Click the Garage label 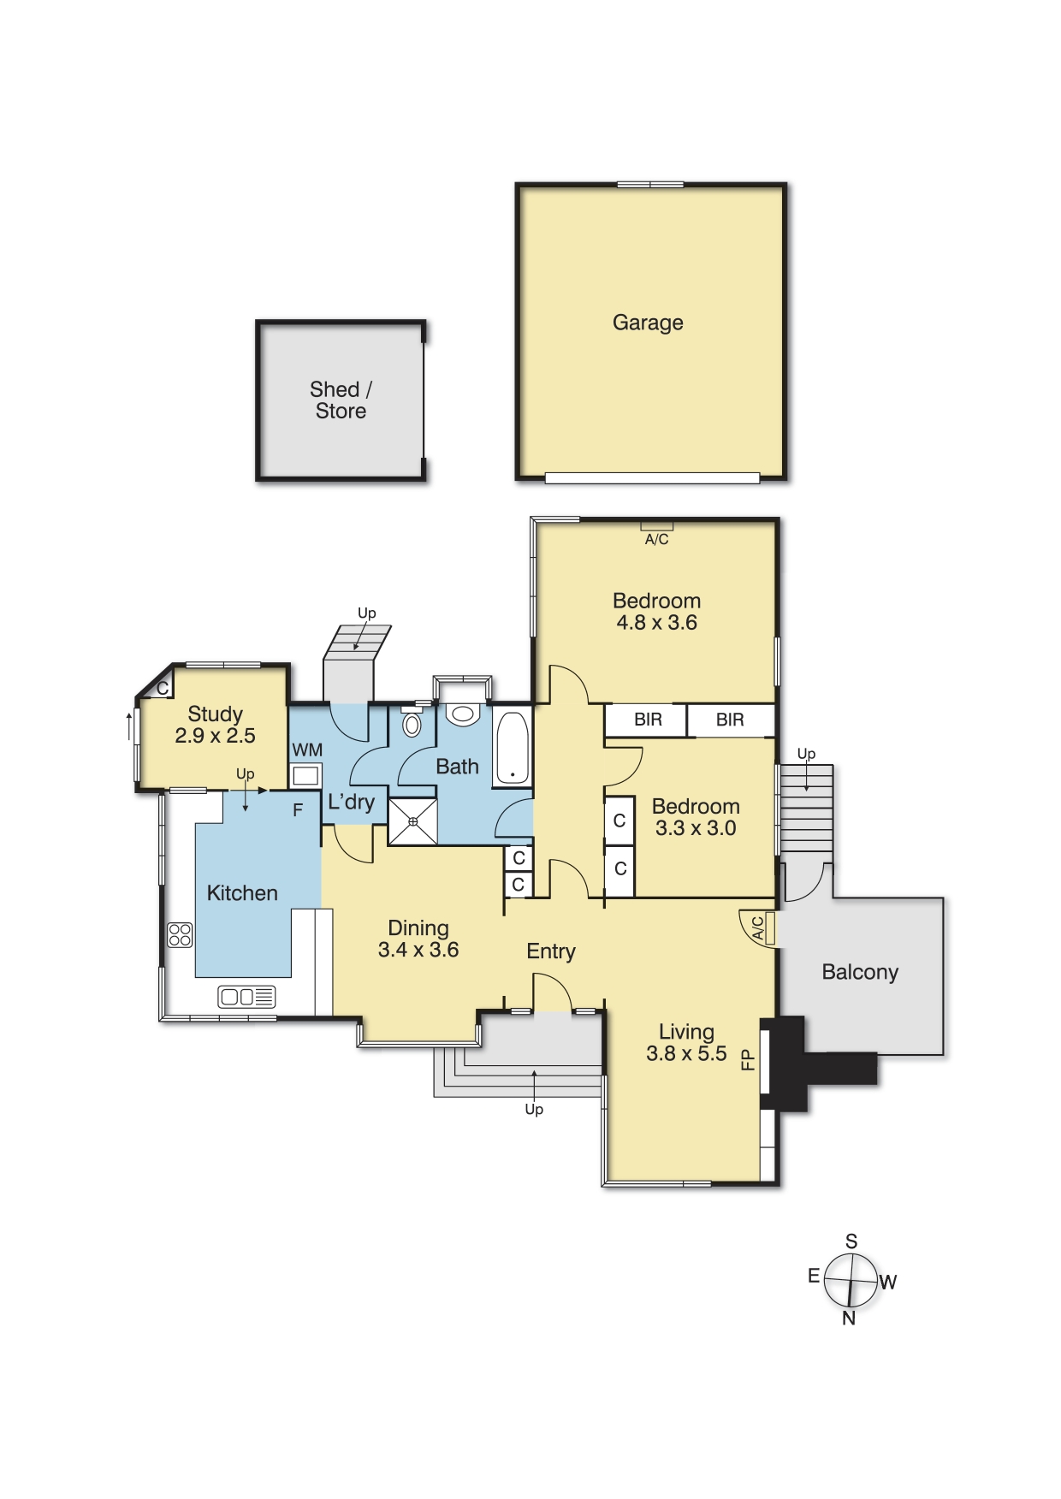coord(648,323)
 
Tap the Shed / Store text coord(341,400)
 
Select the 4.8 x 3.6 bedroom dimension coord(656,623)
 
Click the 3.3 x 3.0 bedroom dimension coord(696,828)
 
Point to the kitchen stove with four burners coord(180,934)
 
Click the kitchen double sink coord(246,996)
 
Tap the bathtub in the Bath coord(512,749)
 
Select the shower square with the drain coord(413,821)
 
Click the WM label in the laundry coord(307,750)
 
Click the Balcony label coord(860,972)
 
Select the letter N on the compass coord(849,1318)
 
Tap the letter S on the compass coord(851,1241)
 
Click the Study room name coord(215,714)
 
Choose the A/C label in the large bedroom coord(656,539)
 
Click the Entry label coord(551,951)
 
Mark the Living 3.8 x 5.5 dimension coord(686,1054)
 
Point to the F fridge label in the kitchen coord(298,809)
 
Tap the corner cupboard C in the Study coord(162,687)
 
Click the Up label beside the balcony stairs coord(806,754)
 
